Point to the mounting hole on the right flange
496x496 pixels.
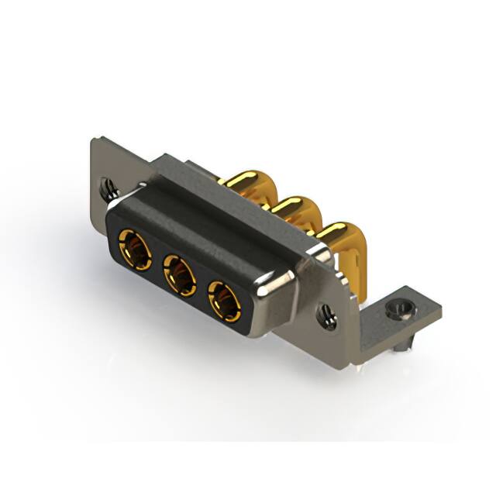pos(325,315)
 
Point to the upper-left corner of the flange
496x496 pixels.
pos(95,141)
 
